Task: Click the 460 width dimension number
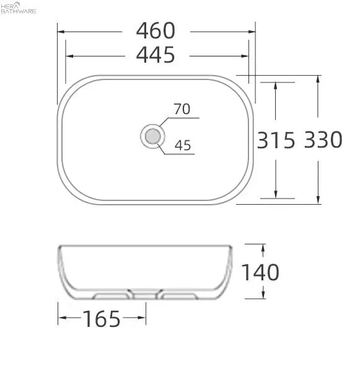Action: click(x=156, y=30)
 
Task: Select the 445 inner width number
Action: click(x=156, y=56)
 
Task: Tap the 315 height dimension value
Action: click(x=276, y=140)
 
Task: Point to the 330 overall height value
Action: click(x=323, y=140)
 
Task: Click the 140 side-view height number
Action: click(x=260, y=272)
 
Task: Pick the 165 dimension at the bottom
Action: click(x=102, y=319)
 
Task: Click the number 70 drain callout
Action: click(x=182, y=110)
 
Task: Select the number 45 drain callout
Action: click(x=182, y=146)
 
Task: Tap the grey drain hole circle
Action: click(x=152, y=135)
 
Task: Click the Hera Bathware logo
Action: click(x=19, y=8)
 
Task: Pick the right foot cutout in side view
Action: click(x=178, y=295)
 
